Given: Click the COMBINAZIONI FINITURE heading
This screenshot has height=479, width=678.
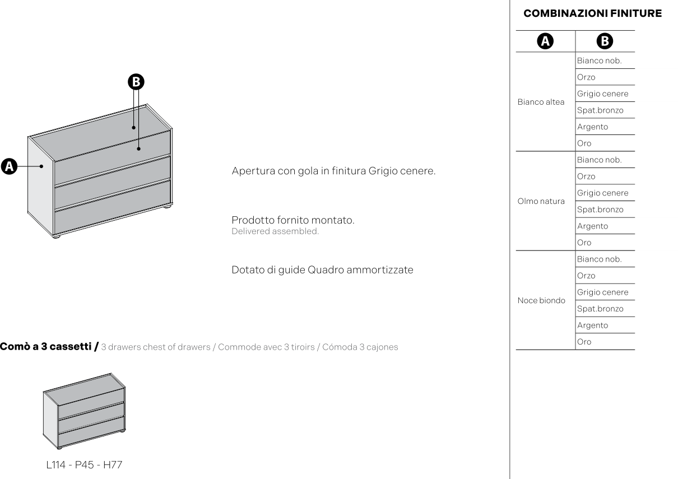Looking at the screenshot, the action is [x=592, y=13].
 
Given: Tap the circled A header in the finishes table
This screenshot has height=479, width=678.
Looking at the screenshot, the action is [x=545, y=41].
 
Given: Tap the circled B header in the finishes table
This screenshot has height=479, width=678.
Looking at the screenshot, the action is [x=605, y=41].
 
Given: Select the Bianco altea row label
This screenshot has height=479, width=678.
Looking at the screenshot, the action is [x=541, y=102].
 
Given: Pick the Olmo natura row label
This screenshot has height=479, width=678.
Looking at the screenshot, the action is [x=541, y=201].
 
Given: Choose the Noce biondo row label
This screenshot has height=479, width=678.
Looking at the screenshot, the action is [x=541, y=300].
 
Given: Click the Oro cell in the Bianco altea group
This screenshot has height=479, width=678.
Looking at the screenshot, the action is [x=584, y=143].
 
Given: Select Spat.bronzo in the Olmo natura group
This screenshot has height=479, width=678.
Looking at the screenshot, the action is [x=600, y=210].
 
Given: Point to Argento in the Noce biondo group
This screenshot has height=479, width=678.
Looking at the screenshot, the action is [x=592, y=325].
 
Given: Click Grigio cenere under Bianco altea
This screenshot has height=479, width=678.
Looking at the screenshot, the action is [x=602, y=94].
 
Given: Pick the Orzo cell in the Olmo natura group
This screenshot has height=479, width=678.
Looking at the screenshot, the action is [x=586, y=176].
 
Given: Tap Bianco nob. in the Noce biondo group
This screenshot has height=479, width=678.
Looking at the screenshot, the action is [x=600, y=259].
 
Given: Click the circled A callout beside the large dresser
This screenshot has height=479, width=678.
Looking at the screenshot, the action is [x=9, y=166].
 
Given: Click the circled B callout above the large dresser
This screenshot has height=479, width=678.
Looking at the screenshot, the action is [x=136, y=82].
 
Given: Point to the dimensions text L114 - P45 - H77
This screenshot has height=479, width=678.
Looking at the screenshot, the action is [x=84, y=465].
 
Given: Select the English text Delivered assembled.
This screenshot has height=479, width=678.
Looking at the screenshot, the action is [x=275, y=231].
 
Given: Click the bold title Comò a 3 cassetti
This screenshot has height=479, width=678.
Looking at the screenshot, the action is [x=45, y=346].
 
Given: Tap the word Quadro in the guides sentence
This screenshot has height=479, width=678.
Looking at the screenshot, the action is [x=326, y=270].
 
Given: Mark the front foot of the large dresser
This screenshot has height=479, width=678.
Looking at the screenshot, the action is [x=56, y=236].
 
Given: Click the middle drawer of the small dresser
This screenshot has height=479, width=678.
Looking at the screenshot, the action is [x=91, y=417].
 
